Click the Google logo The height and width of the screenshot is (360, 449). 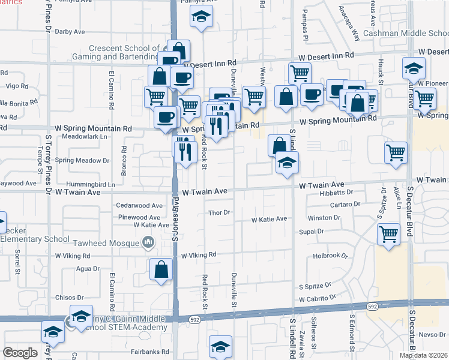coord(20,353)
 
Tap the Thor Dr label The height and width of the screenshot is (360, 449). coord(219,212)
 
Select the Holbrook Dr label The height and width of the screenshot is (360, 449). coord(331,256)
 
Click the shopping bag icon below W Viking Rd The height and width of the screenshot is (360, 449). coord(161,271)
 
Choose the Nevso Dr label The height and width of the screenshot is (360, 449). coord(432,335)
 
